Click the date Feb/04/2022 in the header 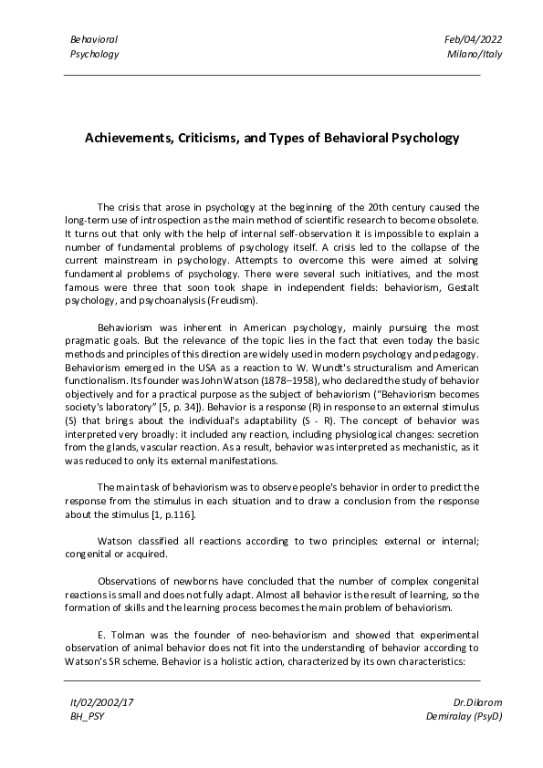click(x=473, y=39)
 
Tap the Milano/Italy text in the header click(x=475, y=54)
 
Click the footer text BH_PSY click(x=87, y=717)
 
